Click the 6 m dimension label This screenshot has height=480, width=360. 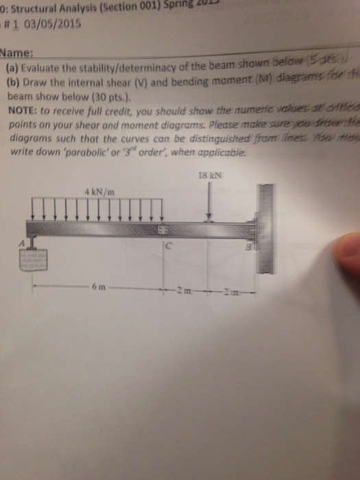pos(95,285)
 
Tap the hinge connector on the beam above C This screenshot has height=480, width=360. pos(163,228)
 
